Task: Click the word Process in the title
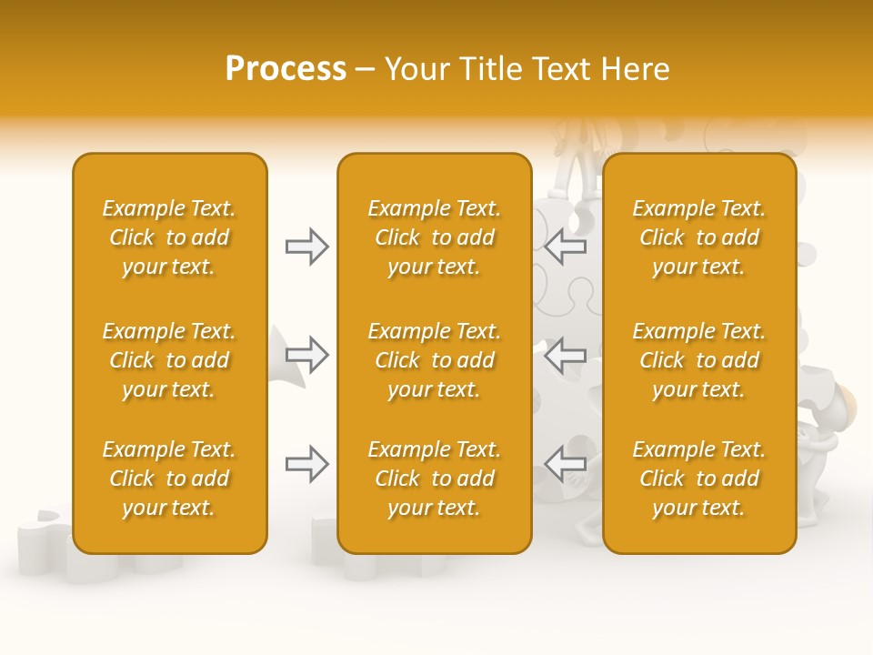coord(286,69)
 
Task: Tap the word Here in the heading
coord(634,69)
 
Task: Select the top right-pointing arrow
coord(306,247)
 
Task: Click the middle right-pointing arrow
coord(306,354)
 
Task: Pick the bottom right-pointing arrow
coord(306,464)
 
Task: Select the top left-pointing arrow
coord(566,246)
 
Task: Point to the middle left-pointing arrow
coord(566,354)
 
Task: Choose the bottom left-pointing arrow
coord(566,464)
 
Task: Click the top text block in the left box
coord(169,237)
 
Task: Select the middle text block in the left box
coord(169,360)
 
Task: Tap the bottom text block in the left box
coord(169,479)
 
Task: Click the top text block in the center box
coord(434,237)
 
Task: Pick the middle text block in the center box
coord(434,360)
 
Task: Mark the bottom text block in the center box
coord(434,479)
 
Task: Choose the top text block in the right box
coord(699,237)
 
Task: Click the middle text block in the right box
coord(699,360)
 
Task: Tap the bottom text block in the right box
coord(699,479)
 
